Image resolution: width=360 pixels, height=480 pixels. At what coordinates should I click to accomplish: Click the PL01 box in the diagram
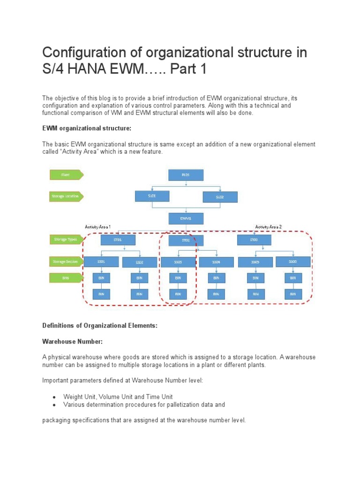[x=186, y=175]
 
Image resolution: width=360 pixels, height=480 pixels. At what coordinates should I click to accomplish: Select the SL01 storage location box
[x=152, y=196]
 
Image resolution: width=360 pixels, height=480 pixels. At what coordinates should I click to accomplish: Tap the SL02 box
[x=219, y=197]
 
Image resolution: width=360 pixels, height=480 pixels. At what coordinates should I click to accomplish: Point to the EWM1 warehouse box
[x=186, y=218]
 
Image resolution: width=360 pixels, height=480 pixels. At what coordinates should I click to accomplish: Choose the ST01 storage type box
[x=118, y=240]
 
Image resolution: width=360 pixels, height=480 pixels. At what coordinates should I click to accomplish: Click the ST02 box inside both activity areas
[x=186, y=240]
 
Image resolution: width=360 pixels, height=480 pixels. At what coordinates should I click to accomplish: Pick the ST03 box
[x=254, y=240]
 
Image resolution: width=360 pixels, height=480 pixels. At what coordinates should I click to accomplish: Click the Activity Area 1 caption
[x=97, y=227]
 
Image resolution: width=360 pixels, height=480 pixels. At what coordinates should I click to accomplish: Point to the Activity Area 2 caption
[x=268, y=227]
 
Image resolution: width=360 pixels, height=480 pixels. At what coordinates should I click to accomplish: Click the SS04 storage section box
[x=216, y=262]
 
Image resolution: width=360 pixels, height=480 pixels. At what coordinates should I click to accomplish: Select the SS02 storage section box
[x=139, y=262]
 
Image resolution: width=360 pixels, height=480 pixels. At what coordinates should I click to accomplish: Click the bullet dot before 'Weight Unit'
[x=55, y=397]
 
